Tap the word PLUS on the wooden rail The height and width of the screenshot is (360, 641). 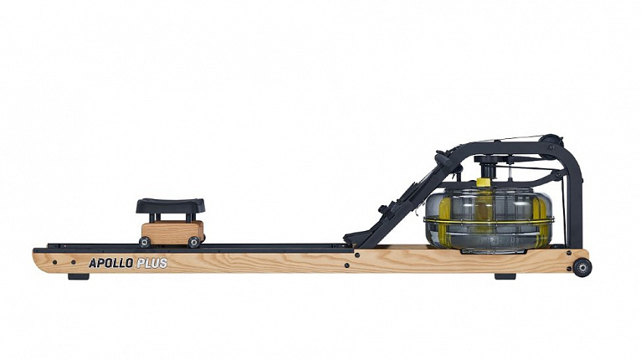152,263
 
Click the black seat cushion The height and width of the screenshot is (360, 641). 171,205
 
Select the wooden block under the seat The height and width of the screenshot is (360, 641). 172,232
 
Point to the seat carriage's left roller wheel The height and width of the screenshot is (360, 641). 145,242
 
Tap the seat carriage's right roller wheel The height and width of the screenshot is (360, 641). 194,242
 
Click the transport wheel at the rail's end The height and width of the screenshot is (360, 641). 582,268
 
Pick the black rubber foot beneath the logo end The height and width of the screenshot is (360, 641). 79,277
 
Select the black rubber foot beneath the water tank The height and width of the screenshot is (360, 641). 505,276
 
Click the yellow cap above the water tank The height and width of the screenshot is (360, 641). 484,183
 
